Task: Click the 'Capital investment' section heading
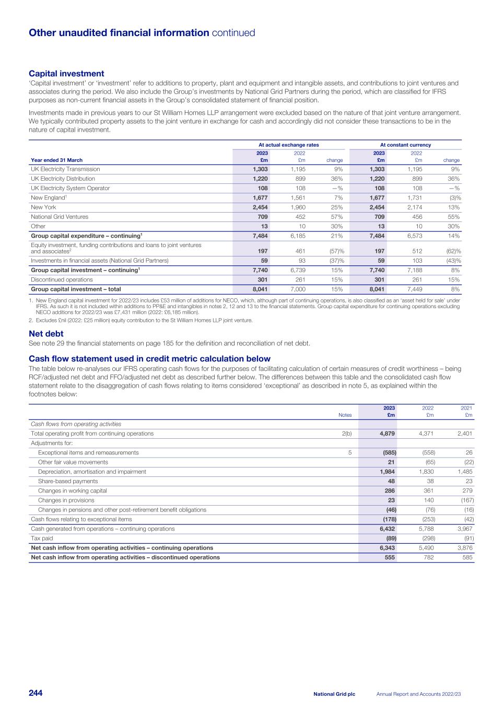66,74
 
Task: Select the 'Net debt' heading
46,333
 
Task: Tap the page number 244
36,693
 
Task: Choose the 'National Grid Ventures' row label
60,217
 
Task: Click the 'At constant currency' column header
405,145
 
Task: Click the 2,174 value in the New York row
414,207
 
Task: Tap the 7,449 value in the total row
414,289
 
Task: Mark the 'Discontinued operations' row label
62,279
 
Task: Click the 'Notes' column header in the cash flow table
345,415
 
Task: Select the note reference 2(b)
346,434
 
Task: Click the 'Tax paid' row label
42,538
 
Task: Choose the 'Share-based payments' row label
68,481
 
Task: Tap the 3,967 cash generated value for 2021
465,529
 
